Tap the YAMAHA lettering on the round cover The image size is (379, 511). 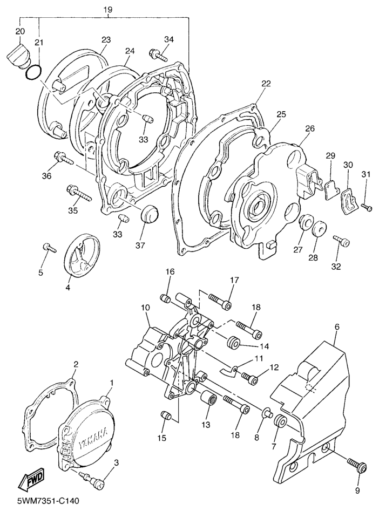click(93, 438)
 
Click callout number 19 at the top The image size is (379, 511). click(108, 10)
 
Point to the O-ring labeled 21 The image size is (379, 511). click(33, 72)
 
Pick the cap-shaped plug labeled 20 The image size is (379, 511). click(18, 56)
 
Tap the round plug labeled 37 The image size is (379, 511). click(150, 214)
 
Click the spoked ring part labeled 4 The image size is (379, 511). click(82, 254)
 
